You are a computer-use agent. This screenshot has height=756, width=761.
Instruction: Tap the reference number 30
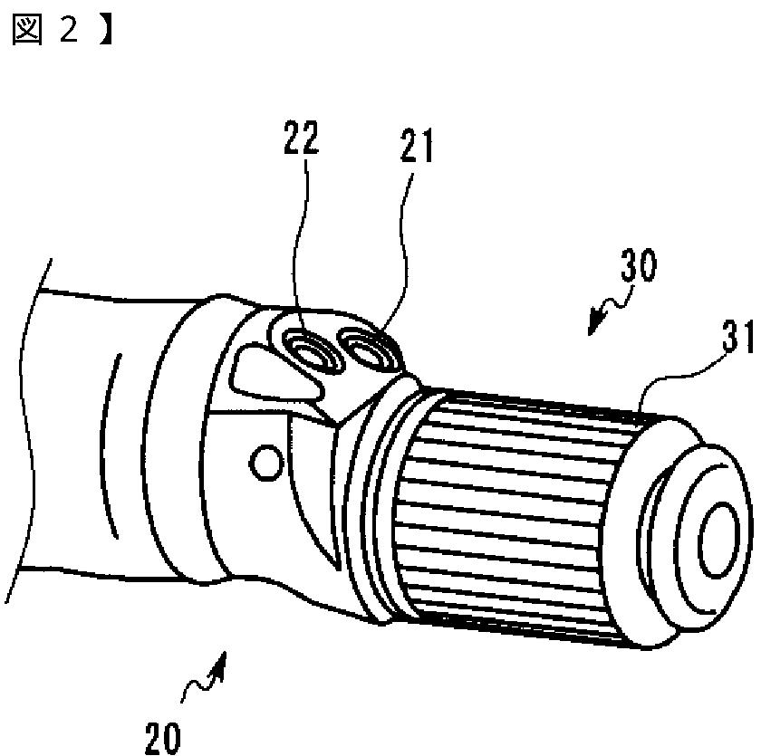click(640, 267)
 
